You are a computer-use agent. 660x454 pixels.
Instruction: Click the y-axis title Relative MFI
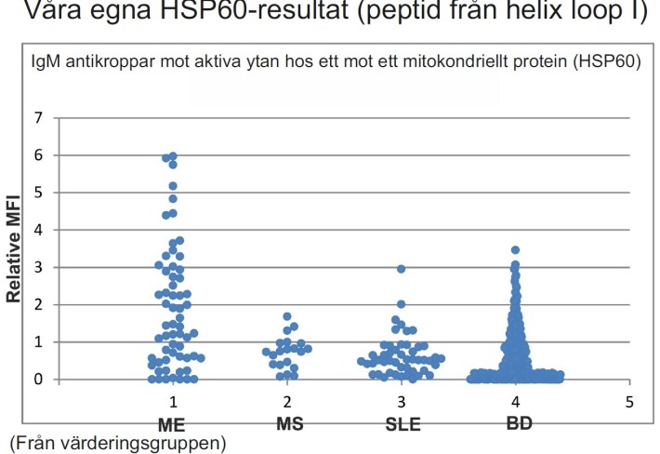[15, 248]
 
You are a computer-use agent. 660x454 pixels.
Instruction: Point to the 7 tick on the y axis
[38, 118]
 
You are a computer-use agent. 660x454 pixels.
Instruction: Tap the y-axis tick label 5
[38, 193]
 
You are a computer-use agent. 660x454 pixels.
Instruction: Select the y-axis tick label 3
[38, 267]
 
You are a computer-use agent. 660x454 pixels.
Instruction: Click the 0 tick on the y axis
[38, 380]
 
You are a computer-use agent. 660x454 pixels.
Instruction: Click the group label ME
[173, 423]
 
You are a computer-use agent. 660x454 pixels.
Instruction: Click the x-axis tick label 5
[629, 402]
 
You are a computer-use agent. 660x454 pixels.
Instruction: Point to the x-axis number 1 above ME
[173, 402]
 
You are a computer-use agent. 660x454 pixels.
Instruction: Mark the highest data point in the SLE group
[402, 269]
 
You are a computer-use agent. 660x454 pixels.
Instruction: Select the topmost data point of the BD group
[515, 249]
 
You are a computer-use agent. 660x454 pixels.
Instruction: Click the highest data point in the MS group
[287, 316]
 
